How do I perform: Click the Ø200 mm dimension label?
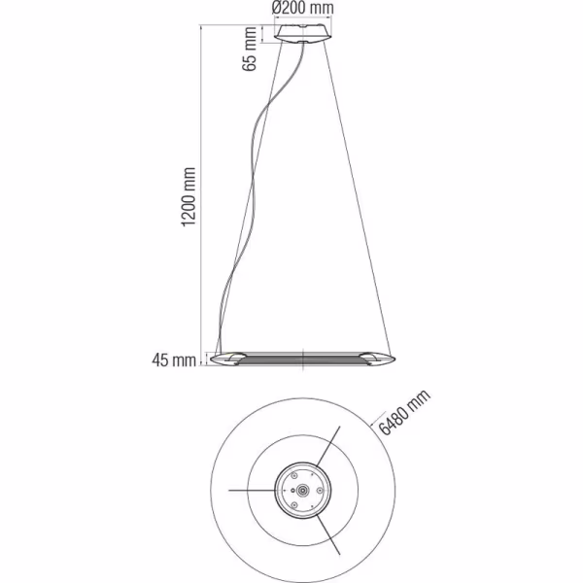pyautogui.click(x=305, y=9)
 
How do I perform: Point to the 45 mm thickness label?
pyautogui.click(x=175, y=361)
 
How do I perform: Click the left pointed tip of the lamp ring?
pyautogui.click(x=214, y=360)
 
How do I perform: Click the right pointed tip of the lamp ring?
pyautogui.click(x=393, y=360)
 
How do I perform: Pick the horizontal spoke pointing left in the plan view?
pyautogui.click(x=253, y=492)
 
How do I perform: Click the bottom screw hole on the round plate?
pyautogui.click(x=303, y=510)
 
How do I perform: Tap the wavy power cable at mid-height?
pyautogui.click(x=256, y=194)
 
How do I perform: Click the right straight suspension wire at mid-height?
pyautogui.click(x=350, y=194)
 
